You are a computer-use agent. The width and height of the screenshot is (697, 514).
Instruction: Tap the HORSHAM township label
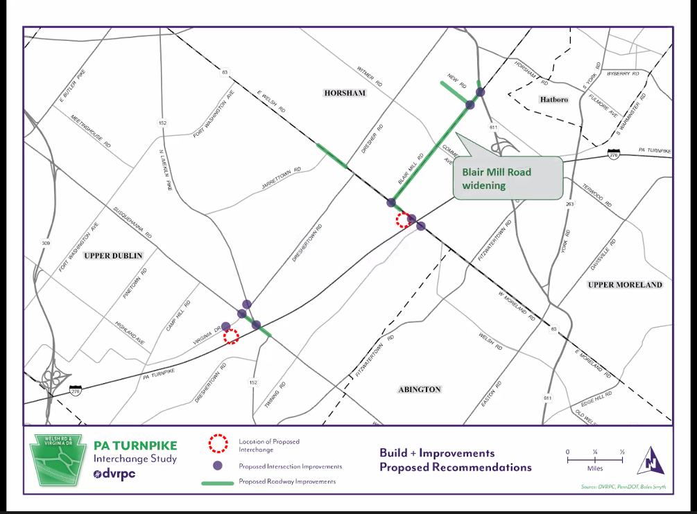(x=343, y=92)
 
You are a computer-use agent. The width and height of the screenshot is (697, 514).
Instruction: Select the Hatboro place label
(x=553, y=100)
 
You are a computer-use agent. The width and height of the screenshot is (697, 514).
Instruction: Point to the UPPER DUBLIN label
(x=113, y=256)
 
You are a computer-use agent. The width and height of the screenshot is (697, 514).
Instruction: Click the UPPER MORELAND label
(x=625, y=285)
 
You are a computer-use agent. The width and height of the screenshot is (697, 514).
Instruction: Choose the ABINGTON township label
(x=420, y=389)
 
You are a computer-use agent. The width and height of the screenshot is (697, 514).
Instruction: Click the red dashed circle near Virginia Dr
(x=232, y=336)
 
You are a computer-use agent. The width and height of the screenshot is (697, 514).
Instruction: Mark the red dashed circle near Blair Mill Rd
(x=403, y=220)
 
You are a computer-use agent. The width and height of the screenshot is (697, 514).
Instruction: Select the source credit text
(x=623, y=487)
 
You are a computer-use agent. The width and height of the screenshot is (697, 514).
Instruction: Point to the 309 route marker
(x=46, y=243)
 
